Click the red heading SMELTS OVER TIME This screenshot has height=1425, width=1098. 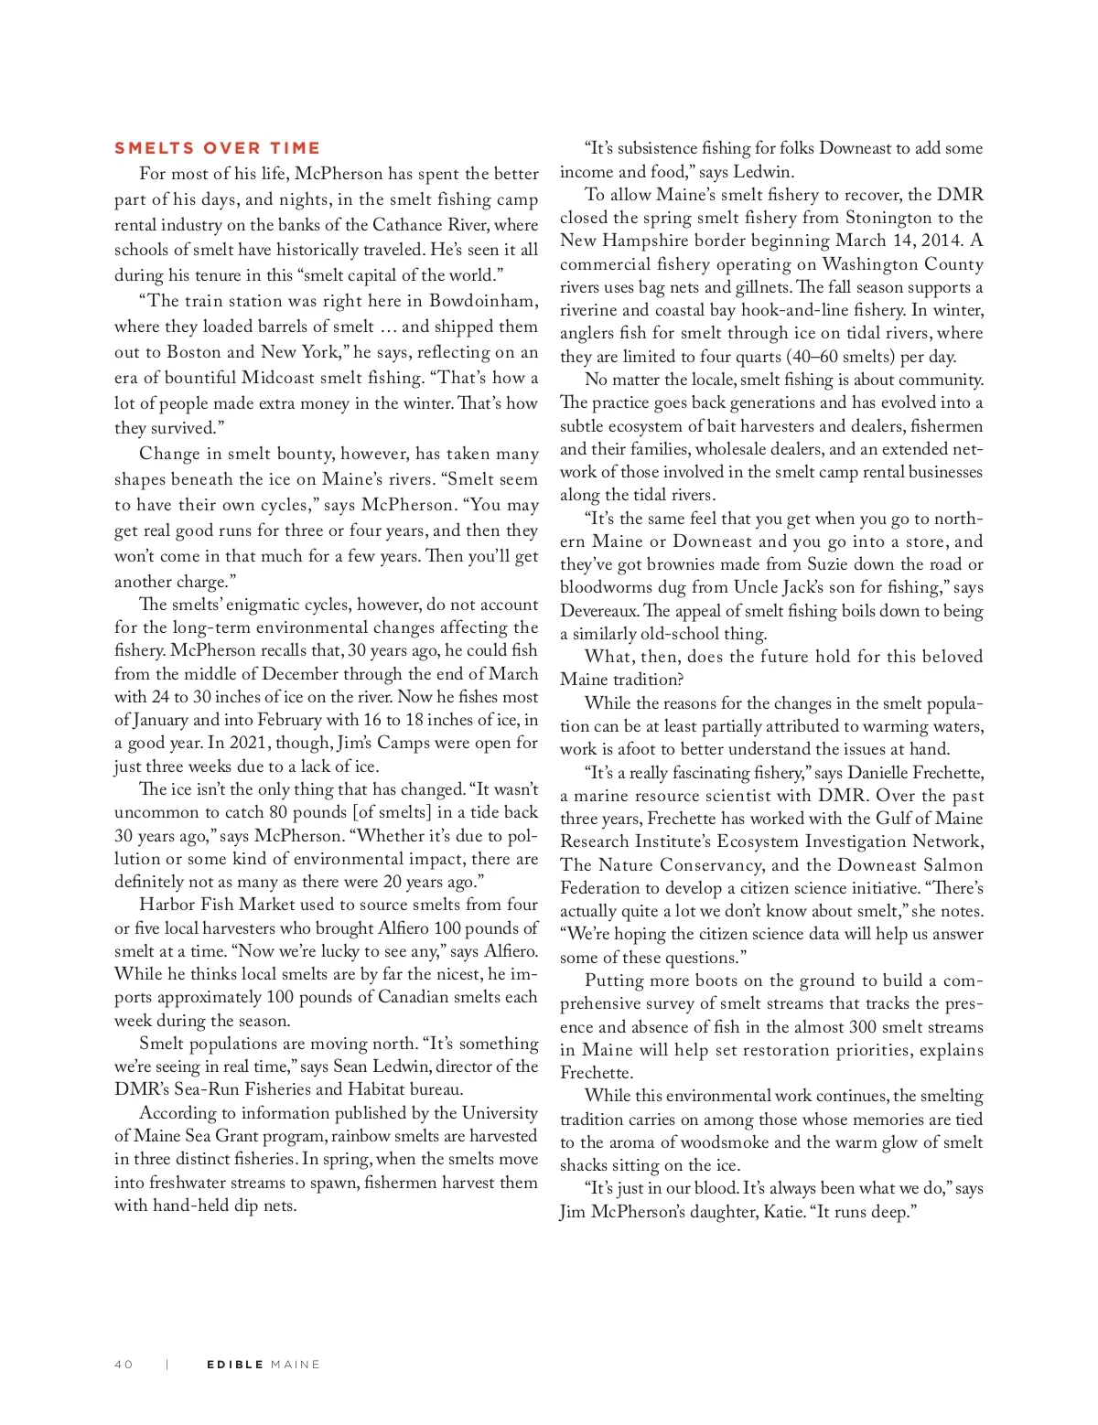point(217,148)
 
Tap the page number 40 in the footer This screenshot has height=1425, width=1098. point(124,1365)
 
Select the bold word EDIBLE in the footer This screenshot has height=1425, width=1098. point(235,1365)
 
